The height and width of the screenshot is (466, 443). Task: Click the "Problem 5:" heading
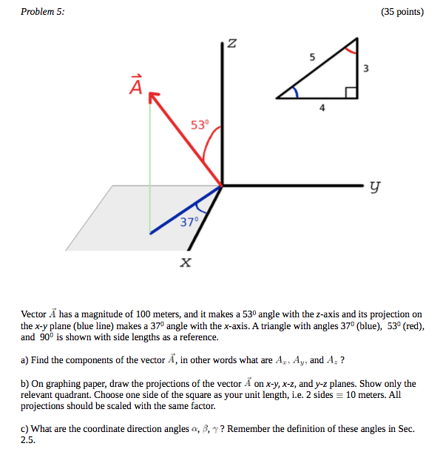(42, 12)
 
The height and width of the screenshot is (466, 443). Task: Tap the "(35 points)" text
(402, 12)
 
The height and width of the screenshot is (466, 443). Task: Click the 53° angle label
(200, 124)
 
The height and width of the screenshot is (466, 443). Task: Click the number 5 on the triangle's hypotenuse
(312, 56)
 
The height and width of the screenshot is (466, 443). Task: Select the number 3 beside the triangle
(366, 69)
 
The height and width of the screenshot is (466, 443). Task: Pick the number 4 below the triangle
(322, 108)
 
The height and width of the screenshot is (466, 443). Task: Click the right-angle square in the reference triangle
(351, 92)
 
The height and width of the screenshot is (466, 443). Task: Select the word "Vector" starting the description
(34, 314)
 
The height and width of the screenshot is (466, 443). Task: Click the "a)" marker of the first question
(25, 360)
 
